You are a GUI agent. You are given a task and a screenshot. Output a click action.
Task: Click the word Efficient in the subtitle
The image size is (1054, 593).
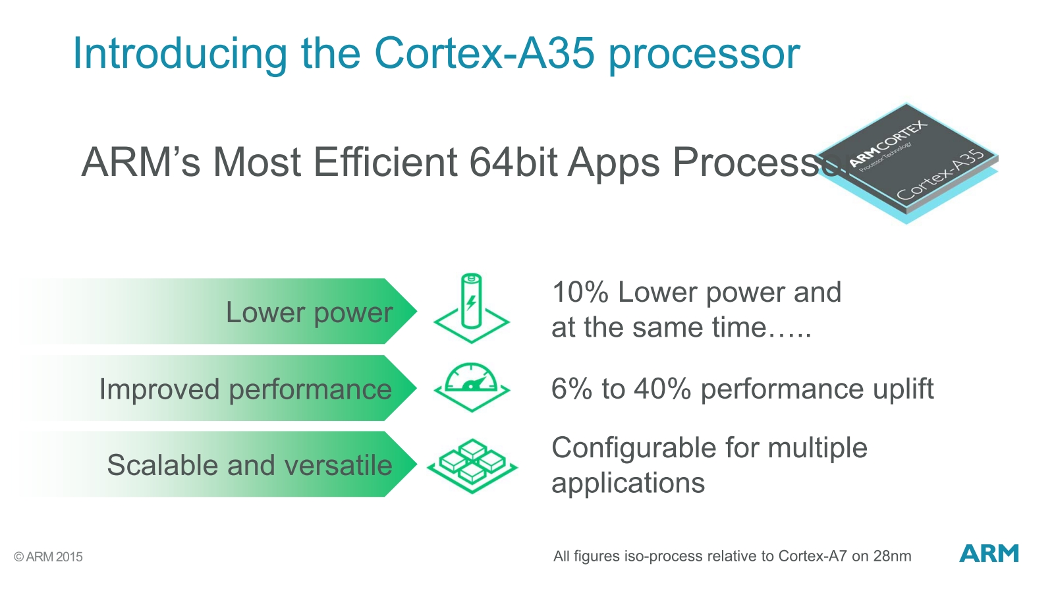(385, 162)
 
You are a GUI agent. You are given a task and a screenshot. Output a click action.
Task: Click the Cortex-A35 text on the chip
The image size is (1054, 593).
(940, 175)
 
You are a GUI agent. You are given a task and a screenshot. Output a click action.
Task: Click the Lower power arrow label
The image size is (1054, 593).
(309, 312)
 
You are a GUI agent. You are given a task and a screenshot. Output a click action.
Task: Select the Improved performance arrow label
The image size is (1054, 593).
(245, 389)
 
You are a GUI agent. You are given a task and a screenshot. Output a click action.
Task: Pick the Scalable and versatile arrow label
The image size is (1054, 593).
(249, 465)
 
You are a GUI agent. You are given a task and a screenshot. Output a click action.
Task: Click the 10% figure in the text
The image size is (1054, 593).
(580, 293)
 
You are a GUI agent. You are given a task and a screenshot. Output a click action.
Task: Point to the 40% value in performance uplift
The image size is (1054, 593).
(662, 389)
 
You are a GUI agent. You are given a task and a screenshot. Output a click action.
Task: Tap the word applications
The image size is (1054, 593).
(628, 484)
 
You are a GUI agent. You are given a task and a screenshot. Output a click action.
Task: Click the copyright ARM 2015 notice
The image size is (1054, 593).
(48, 557)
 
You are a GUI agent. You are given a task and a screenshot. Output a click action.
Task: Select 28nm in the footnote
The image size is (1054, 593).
(892, 556)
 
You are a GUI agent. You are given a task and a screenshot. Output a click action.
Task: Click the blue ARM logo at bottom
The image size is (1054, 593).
(988, 553)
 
